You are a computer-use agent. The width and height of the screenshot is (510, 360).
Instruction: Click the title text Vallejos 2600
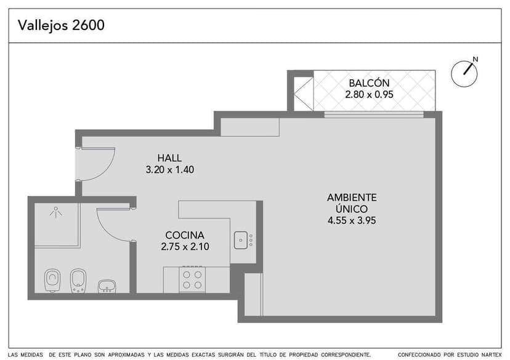point(61,25)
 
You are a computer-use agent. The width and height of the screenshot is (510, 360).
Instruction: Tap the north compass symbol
point(464,73)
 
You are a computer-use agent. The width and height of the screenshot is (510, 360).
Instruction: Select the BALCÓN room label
point(368,83)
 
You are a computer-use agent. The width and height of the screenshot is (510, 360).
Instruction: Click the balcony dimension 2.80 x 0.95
point(368,95)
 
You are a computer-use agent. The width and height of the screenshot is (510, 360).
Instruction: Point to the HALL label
point(169,158)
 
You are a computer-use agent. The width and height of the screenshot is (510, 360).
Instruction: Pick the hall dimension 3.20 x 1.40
point(169,170)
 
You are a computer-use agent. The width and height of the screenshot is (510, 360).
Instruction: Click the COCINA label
point(184,235)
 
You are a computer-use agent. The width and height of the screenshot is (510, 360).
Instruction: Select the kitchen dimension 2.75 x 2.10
point(184,247)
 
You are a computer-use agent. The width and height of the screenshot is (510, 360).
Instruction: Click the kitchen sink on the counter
point(241,239)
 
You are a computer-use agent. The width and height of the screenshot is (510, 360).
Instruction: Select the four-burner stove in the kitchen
point(192,280)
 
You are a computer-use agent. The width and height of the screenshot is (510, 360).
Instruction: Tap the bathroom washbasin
point(108,285)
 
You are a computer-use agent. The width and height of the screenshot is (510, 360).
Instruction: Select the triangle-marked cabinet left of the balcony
point(303,93)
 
